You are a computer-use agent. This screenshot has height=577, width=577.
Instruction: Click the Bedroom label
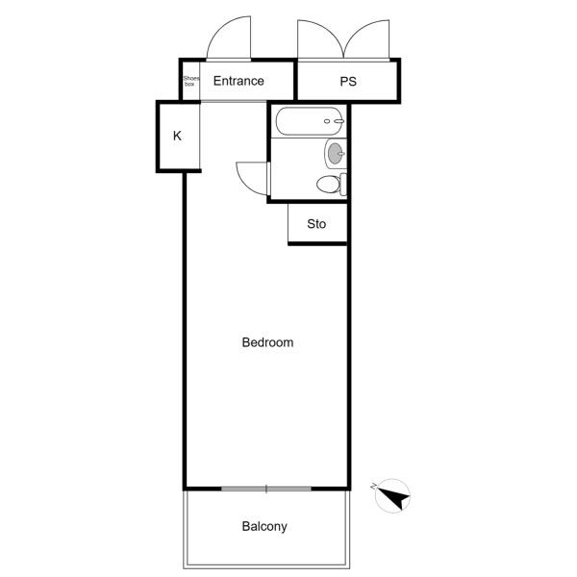(267, 342)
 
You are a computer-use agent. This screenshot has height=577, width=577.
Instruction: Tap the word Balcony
(264, 527)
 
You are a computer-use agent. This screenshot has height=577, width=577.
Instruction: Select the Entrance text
(238, 81)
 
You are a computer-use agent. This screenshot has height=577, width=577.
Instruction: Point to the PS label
(348, 82)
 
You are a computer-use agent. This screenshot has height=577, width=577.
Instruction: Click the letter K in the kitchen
(177, 136)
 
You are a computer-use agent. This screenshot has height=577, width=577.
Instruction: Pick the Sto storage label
(316, 224)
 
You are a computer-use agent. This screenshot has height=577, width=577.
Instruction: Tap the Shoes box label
(191, 81)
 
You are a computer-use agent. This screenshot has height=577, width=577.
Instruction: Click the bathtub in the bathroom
(310, 121)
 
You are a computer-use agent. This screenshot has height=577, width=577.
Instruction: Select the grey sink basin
(336, 154)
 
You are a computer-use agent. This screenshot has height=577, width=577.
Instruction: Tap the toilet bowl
(328, 185)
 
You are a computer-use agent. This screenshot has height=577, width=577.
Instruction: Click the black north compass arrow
(396, 498)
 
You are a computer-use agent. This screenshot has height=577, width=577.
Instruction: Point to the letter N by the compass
(374, 487)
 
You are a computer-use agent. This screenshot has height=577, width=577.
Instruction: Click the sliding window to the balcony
(266, 489)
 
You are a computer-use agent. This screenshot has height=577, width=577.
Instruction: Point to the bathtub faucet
(339, 121)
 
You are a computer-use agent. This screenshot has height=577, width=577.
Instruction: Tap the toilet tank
(343, 185)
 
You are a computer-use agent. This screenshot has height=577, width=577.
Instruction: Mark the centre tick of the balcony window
(266, 489)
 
